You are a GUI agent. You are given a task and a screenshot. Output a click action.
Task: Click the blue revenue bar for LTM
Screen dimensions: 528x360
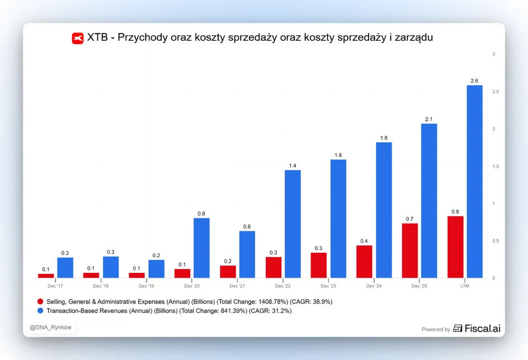coord(474,182)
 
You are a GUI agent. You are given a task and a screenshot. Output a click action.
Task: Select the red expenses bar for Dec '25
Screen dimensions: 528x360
coord(410,250)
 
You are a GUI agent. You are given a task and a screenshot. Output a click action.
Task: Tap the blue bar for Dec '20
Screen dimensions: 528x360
coord(201,248)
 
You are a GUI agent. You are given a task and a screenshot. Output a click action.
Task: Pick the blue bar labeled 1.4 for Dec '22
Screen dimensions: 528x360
coord(293,224)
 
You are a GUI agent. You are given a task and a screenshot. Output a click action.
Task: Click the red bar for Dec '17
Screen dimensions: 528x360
coord(46,276)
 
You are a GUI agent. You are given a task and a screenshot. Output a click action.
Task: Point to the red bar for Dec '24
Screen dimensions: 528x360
coord(364,262)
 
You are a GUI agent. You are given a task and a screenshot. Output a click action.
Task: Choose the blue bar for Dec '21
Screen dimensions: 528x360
coord(247,254)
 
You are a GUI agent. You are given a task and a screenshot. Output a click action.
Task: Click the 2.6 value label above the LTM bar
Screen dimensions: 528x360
coord(474,80)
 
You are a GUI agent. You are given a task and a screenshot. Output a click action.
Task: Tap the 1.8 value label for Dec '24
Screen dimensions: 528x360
coord(384,138)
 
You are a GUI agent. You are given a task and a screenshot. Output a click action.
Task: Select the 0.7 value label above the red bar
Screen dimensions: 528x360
coord(409,219)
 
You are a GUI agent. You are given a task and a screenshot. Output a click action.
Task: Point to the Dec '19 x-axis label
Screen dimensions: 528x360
coord(146,286)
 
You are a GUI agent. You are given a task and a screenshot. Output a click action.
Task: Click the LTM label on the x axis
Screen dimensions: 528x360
coord(465,286)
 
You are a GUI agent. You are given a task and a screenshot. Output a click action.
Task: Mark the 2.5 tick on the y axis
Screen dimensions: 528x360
coord(496,92)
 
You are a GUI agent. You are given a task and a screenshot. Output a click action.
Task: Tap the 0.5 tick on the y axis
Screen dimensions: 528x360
coord(496,241)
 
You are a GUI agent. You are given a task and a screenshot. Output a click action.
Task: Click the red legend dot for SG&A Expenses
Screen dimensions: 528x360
coord(40,301)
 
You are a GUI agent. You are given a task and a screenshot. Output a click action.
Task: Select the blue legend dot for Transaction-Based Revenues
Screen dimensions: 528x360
coord(40,311)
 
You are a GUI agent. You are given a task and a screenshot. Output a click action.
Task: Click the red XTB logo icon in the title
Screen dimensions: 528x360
coord(78,38)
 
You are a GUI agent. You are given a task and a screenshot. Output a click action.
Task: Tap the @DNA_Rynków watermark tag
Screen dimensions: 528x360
coord(50,328)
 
